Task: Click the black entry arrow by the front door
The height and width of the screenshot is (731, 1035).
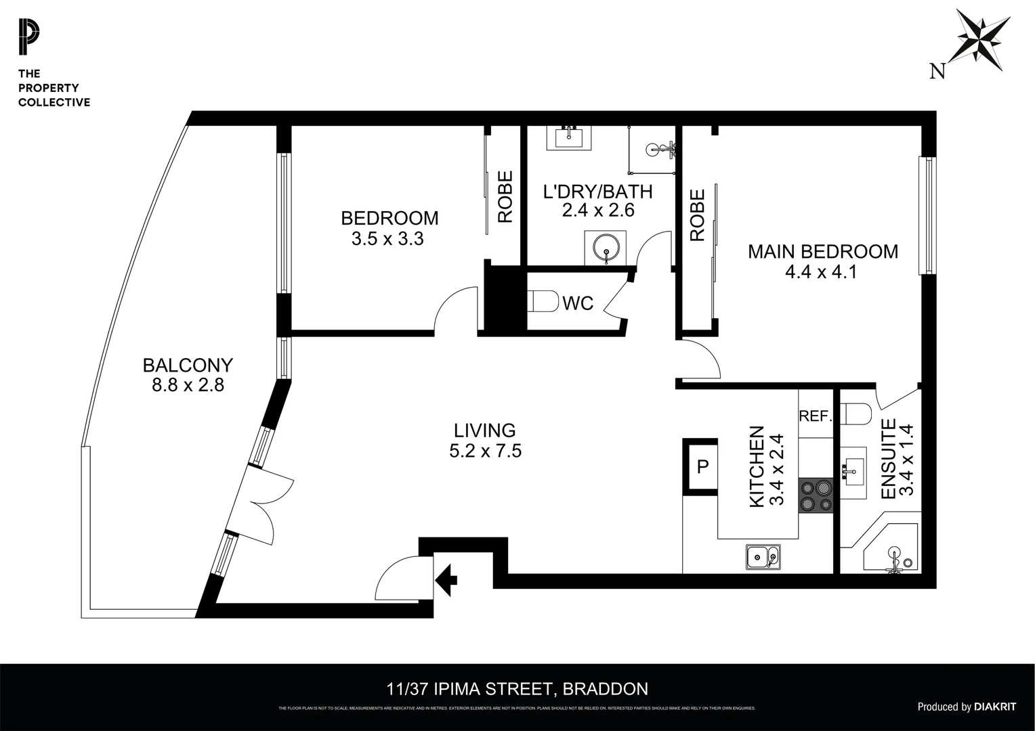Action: [446, 579]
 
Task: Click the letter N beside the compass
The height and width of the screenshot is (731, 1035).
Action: [937, 70]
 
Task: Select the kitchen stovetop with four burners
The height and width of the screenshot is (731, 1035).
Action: [816, 495]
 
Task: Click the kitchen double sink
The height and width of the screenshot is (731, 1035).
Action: [763, 557]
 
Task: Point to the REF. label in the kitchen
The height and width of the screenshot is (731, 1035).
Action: [815, 416]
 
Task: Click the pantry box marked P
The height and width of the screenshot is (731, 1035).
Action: [702, 466]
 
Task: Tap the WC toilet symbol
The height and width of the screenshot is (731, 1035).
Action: [541, 301]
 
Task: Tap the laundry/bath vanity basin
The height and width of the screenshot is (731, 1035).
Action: [569, 138]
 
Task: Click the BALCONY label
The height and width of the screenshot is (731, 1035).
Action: [188, 365]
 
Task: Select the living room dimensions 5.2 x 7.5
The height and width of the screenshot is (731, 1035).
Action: [485, 451]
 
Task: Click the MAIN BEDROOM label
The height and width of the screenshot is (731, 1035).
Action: [822, 252]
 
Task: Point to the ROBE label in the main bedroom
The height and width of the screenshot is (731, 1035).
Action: [697, 215]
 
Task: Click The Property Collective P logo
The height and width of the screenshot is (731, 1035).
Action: [29, 38]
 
